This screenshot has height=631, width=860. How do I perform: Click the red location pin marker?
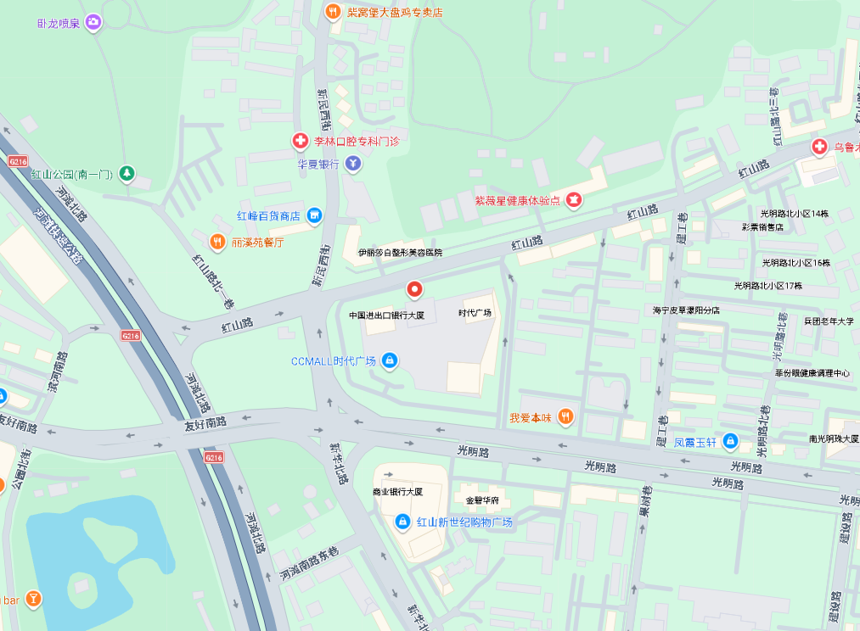pos(414,290)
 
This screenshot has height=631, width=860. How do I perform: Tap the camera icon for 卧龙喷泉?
pos(93,22)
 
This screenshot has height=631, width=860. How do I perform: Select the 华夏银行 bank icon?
pos(353,164)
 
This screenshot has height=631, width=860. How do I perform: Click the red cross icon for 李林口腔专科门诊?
pos(300,141)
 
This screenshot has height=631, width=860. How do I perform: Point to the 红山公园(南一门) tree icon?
pos(126,175)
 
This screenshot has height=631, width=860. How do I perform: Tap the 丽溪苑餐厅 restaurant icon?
pos(217,242)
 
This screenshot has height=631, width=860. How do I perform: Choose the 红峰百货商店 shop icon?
pos(314,216)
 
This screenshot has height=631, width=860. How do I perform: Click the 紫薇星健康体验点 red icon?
pos(575,200)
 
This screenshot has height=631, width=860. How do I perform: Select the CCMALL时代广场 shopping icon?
pos(390,361)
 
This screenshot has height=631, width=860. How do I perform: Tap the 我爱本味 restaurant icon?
pos(566,417)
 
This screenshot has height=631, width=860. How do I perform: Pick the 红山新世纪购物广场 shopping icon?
pos(403,522)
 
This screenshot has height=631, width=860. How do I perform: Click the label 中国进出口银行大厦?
pos(386,315)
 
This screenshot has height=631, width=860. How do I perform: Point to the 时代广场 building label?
pos(475,313)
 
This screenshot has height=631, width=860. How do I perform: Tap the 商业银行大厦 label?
pos(397,492)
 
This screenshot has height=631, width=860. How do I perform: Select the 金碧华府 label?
pos(475,500)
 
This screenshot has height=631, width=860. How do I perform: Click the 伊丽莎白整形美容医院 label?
pos(400,253)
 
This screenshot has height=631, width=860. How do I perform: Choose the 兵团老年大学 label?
pos(829,321)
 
